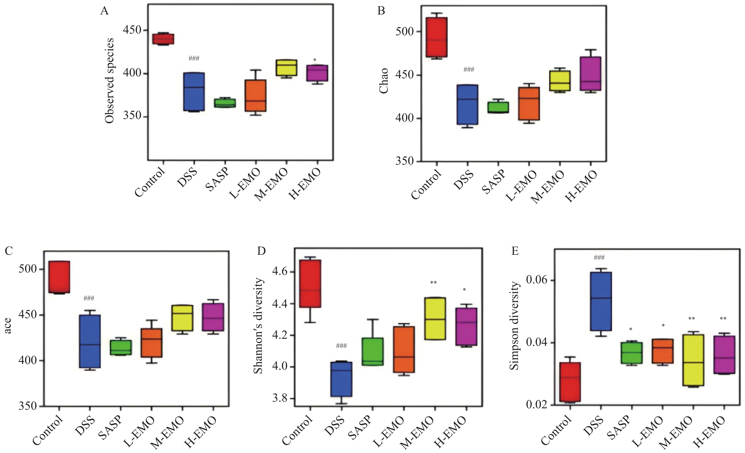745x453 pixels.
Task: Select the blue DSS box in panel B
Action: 467,104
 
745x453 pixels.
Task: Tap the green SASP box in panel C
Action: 121,347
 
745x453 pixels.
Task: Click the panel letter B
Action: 381,11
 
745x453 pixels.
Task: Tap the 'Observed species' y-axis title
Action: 110,81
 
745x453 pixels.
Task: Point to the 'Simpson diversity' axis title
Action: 514,326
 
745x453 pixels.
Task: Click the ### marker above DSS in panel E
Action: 599,258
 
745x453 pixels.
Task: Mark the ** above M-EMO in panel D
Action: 433,283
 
